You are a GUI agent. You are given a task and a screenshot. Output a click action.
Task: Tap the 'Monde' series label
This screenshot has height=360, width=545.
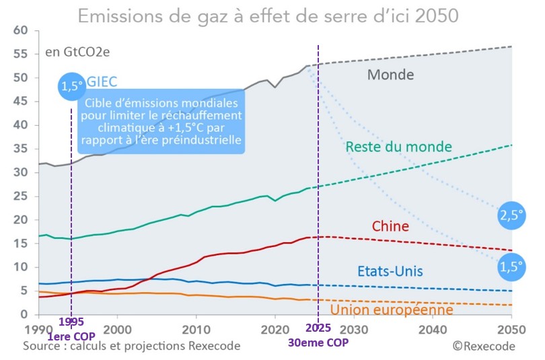(x=390, y=74)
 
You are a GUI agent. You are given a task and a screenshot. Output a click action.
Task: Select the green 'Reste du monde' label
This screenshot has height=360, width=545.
(x=398, y=147)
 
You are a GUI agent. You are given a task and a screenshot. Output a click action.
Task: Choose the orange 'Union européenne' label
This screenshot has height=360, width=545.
(x=391, y=310)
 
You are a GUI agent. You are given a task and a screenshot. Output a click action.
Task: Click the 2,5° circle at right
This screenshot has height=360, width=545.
(x=511, y=216)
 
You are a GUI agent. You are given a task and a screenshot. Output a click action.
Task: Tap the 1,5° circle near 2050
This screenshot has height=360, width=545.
(x=511, y=267)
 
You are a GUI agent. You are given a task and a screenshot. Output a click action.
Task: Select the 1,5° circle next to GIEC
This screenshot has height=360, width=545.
(x=71, y=86)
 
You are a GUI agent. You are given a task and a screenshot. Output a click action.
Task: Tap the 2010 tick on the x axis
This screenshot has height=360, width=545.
(x=195, y=330)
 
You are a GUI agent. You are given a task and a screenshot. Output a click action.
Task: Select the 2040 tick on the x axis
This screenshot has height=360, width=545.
(x=432, y=330)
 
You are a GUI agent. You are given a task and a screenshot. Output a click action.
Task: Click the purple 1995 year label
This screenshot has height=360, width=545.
(x=71, y=322)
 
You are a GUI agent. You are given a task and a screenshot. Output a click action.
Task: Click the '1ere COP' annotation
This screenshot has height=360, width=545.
(x=71, y=335)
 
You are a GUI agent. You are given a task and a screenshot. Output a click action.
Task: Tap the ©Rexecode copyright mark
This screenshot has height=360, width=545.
(x=483, y=346)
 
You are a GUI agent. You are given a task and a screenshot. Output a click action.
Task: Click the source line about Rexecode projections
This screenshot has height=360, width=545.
(x=131, y=346)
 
